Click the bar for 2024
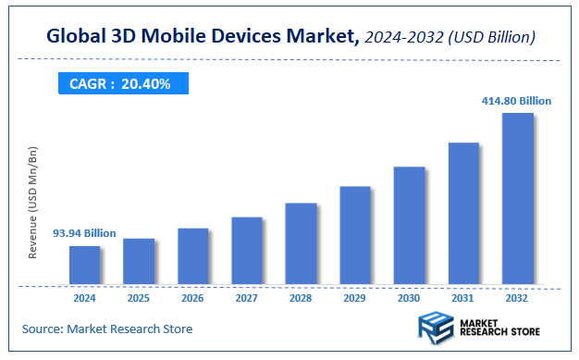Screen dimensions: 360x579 tap(84, 265)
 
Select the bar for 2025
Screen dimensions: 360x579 tap(139, 261)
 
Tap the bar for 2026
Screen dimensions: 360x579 tap(192, 255)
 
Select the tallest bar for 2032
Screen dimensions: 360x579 tap(517, 198)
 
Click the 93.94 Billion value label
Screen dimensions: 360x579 tap(84, 233)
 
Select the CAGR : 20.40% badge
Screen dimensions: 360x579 tap(120, 84)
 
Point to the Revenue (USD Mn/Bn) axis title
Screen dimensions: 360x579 tap(33, 202)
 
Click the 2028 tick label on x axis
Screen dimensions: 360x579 tap(301, 299)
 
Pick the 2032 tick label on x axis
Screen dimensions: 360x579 tap(517, 299)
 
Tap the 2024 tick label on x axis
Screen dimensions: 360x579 tap(84, 299)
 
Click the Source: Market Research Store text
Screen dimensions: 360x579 tap(107, 329)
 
